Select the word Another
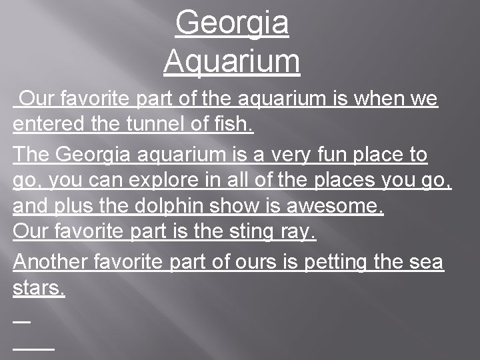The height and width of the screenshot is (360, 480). [51, 262]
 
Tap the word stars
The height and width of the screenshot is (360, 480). [39, 289]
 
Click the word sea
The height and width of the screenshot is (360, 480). [426, 262]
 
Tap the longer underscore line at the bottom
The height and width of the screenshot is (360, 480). [33, 347]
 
